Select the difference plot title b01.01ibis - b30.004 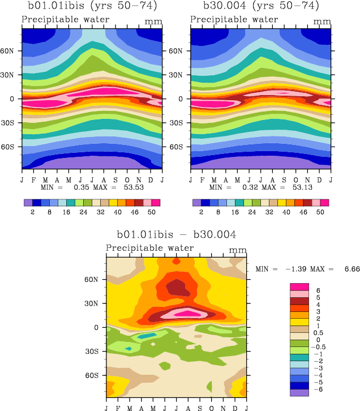(x=176, y=234)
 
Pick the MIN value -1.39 (x=298, y=269)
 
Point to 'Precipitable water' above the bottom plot (x=150, y=249)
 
